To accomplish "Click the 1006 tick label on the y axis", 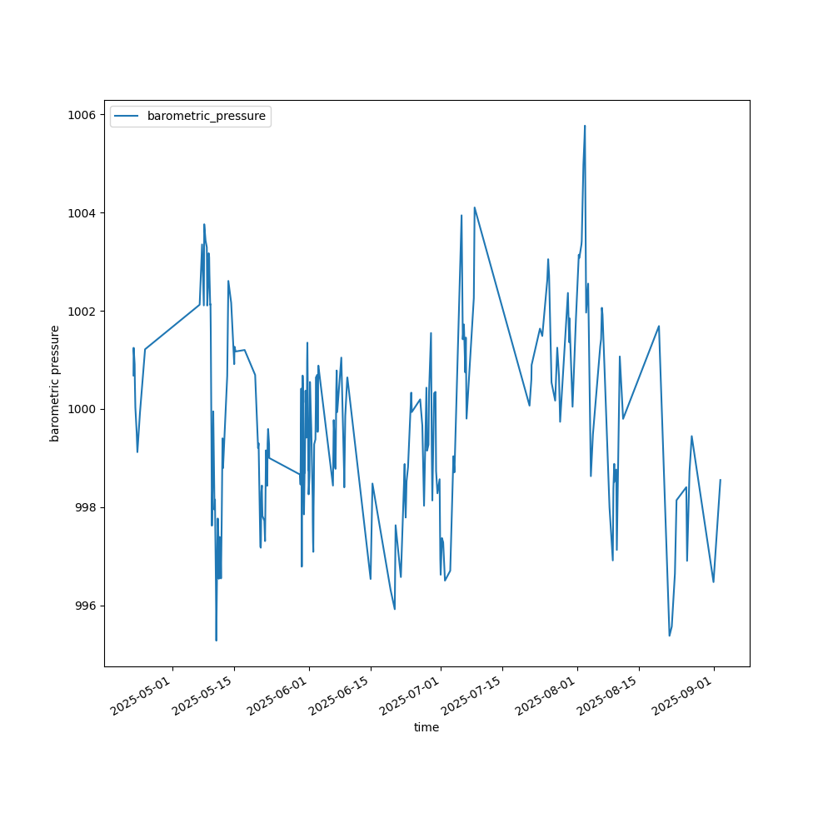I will coord(83,114).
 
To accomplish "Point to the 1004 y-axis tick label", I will coord(83,212).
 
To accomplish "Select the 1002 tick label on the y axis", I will coord(83,311).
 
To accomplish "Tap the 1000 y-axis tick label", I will coord(83,409).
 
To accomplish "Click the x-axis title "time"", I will coord(426,727).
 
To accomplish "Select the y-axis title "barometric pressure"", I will coord(55,383).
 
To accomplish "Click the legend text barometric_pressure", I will coord(207,117).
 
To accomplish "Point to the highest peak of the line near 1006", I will coord(585,126).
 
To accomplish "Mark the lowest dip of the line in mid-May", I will coord(216,640).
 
